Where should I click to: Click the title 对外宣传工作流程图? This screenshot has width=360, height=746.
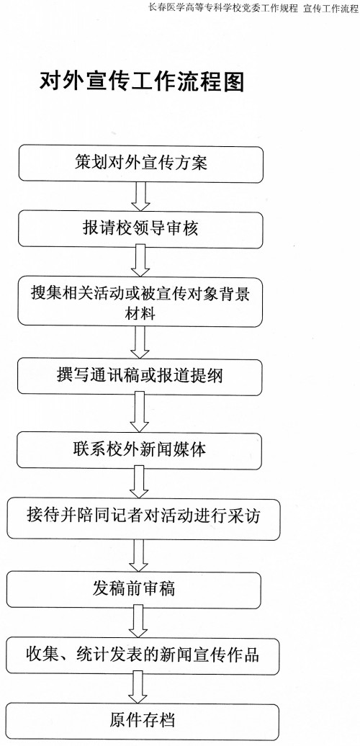[x=142, y=83]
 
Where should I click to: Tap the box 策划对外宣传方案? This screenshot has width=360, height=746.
[x=141, y=164]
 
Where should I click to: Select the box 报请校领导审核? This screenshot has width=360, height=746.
[x=140, y=230]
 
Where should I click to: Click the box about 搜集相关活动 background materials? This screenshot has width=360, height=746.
[x=140, y=302]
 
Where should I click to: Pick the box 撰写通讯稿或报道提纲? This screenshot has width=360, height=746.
[x=140, y=377]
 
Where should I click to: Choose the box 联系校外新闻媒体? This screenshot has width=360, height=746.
[x=140, y=451]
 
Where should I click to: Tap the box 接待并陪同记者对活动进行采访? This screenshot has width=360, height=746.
[x=143, y=519]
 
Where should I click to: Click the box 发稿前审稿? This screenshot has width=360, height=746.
[x=134, y=590]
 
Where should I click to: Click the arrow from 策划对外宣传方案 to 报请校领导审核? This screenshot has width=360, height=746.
[x=141, y=197]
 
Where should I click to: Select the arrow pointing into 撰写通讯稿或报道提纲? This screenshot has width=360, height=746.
[x=140, y=343]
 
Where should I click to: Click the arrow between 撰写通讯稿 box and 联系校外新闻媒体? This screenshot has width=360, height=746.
[x=140, y=412]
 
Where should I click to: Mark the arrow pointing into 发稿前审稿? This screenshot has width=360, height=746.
[x=139, y=556]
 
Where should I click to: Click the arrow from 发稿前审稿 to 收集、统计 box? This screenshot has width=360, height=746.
[x=138, y=621]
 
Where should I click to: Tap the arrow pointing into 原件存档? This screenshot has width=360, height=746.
[x=138, y=687]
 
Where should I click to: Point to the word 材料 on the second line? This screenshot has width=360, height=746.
[x=140, y=314]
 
